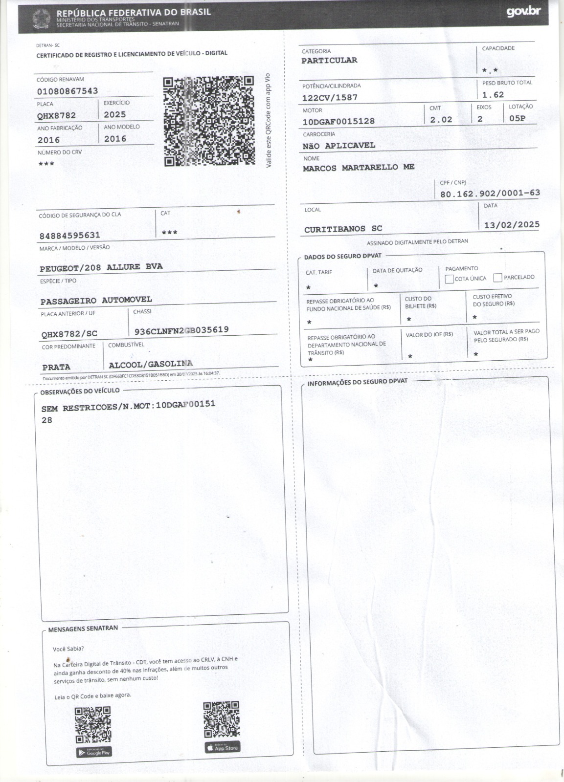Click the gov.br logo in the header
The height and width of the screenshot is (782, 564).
[x=523, y=11]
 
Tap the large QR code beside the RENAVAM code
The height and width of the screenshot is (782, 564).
[x=209, y=121]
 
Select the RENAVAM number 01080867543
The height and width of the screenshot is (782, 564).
[x=68, y=91]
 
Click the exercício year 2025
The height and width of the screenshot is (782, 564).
[x=115, y=115]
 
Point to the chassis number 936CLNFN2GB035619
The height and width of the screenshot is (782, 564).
[x=181, y=330]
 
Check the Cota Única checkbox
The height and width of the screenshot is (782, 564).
[x=449, y=279]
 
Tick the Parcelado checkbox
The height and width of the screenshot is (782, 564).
[x=498, y=278]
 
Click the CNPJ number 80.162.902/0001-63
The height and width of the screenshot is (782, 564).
[x=490, y=194]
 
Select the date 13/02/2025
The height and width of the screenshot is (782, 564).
[x=512, y=225]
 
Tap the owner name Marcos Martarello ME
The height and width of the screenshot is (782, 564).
[x=358, y=168]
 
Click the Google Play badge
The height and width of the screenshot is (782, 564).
[x=94, y=752]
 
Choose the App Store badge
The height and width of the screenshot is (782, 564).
[x=222, y=748]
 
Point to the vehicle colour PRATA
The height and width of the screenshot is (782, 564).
[x=56, y=367]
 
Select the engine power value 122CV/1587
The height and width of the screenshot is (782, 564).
[x=330, y=98]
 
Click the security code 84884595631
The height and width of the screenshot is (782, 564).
[x=70, y=236]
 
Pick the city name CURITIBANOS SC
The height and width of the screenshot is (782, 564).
[x=343, y=229]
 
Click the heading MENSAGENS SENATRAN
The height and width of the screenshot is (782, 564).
[x=83, y=629]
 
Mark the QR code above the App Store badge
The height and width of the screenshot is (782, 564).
[x=222, y=719]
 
